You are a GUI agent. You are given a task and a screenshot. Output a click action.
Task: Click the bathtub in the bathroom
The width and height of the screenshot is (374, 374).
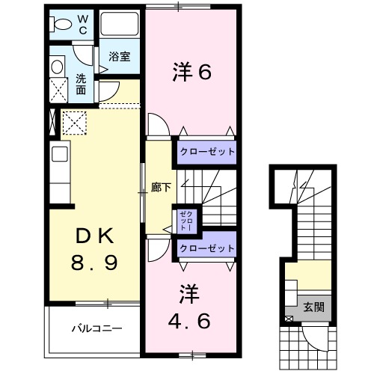click(x=120, y=28)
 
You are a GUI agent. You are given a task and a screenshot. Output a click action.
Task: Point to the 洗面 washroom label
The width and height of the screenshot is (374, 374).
click(x=81, y=84)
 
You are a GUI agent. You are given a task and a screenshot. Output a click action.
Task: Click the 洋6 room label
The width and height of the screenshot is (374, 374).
click(x=193, y=73)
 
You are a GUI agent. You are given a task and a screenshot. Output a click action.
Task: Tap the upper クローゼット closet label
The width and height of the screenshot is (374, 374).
click(x=206, y=152)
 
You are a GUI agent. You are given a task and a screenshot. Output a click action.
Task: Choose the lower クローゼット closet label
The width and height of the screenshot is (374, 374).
click(x=206, y=248)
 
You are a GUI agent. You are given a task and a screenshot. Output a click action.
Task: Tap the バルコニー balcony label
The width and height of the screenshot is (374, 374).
click(x=96, y=328)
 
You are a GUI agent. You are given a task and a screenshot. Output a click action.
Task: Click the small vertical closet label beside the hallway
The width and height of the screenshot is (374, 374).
click(x=183, y=221)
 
